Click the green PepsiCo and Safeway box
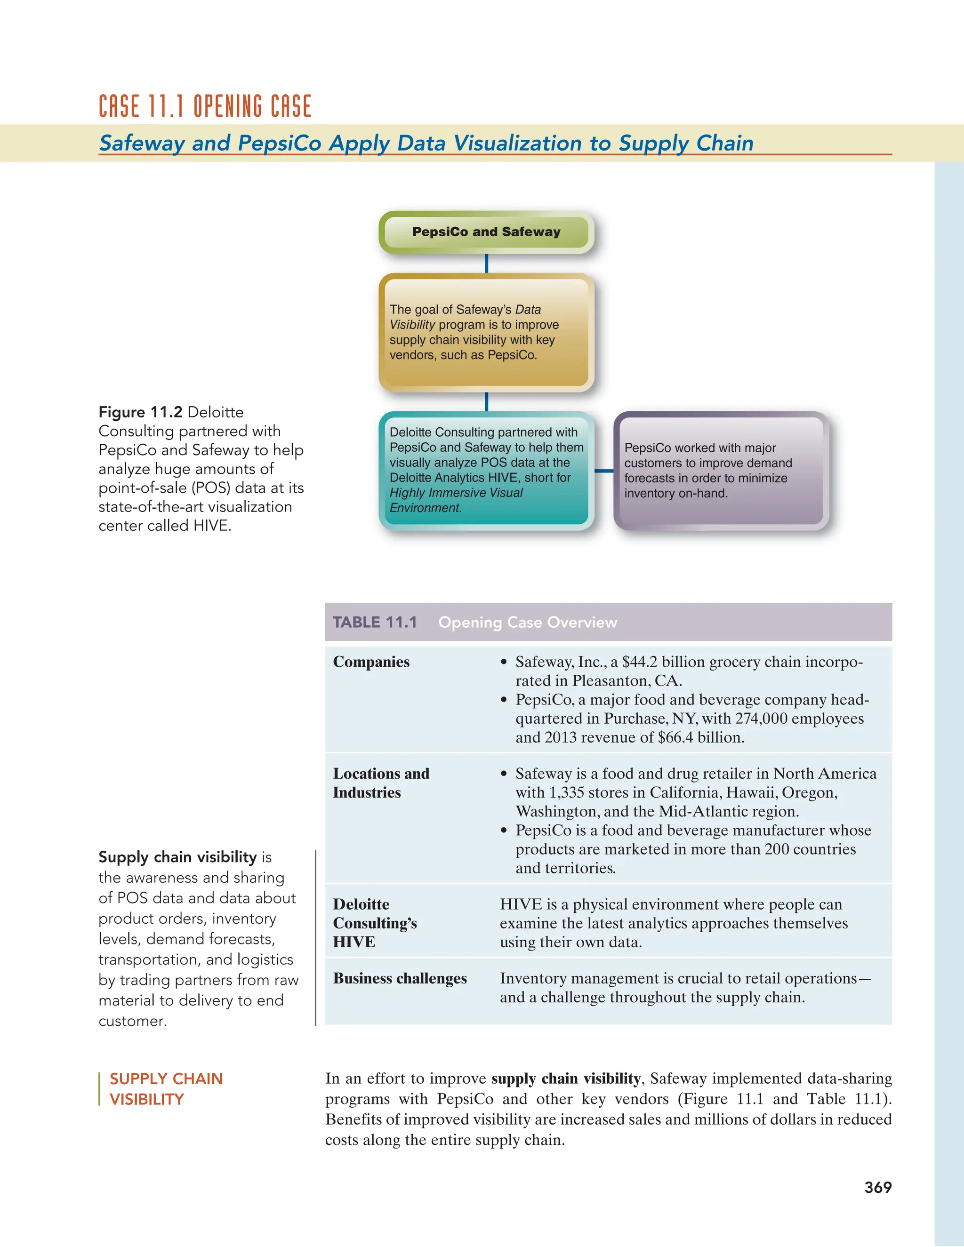[486, 232]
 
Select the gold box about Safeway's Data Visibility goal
[486, 332]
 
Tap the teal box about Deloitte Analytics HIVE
[486, 470]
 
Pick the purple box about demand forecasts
[721, 470]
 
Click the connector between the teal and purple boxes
[603, 471]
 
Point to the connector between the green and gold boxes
[486, 263]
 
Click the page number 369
[878, 1187]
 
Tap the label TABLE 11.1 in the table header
[375, 623]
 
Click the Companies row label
[371, 662]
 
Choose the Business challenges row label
[400, 979]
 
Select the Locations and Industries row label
[381, 783]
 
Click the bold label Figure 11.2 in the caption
[140, 412]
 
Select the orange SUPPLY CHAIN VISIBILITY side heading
[166, 1089]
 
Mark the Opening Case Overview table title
[527, 623]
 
